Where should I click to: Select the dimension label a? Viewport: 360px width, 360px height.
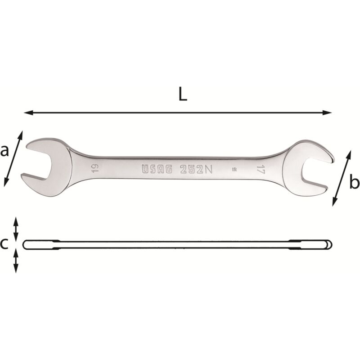[5, 151]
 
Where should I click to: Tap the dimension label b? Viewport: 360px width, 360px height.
[354, 183]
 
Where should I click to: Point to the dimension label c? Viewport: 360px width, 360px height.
[4, 244]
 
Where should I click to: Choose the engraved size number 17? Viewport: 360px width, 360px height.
[260, 170]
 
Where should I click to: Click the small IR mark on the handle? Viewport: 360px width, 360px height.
[234, 170]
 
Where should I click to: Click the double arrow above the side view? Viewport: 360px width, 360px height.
[16, 229]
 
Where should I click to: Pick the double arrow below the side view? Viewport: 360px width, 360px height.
[16, 261]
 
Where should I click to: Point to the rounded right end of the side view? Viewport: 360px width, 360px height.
[330, 244]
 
